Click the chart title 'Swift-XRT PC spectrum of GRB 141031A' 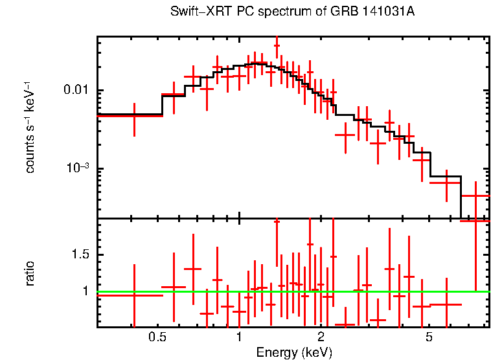[x=292, y=12]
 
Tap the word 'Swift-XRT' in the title [x=192, y=12]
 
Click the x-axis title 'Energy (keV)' [x=294, y=352]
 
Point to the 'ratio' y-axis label [x=30, y=273]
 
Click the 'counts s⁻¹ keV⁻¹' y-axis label [x=30, y=126]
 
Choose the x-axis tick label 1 [x=239, y=337]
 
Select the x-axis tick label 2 [x=321, y=337]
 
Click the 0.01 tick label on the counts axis [x=76, y=90]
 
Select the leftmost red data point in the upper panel [x=134, y=115]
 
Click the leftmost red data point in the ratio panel [x=134, y=295]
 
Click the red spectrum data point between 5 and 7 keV [x=448, y=183]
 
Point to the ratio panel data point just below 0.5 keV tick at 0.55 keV [x=173, y=287]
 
